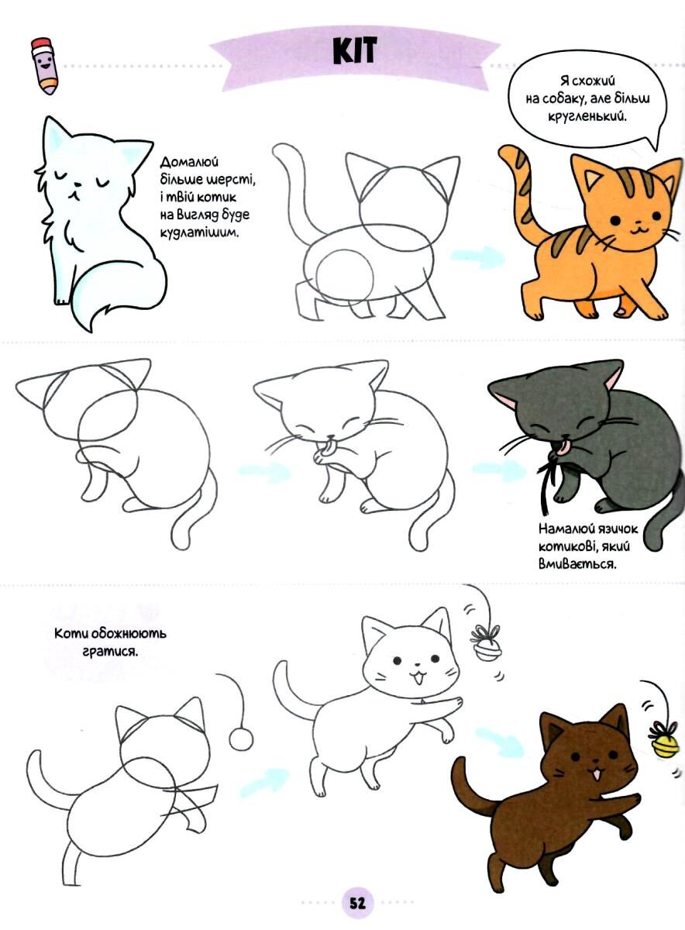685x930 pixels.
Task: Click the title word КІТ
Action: [x=355, y=50]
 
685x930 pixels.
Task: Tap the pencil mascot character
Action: [x=44, y=67]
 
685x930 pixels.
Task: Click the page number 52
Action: [x=357, y=901]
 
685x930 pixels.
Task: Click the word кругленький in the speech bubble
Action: [x=587, y=118]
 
